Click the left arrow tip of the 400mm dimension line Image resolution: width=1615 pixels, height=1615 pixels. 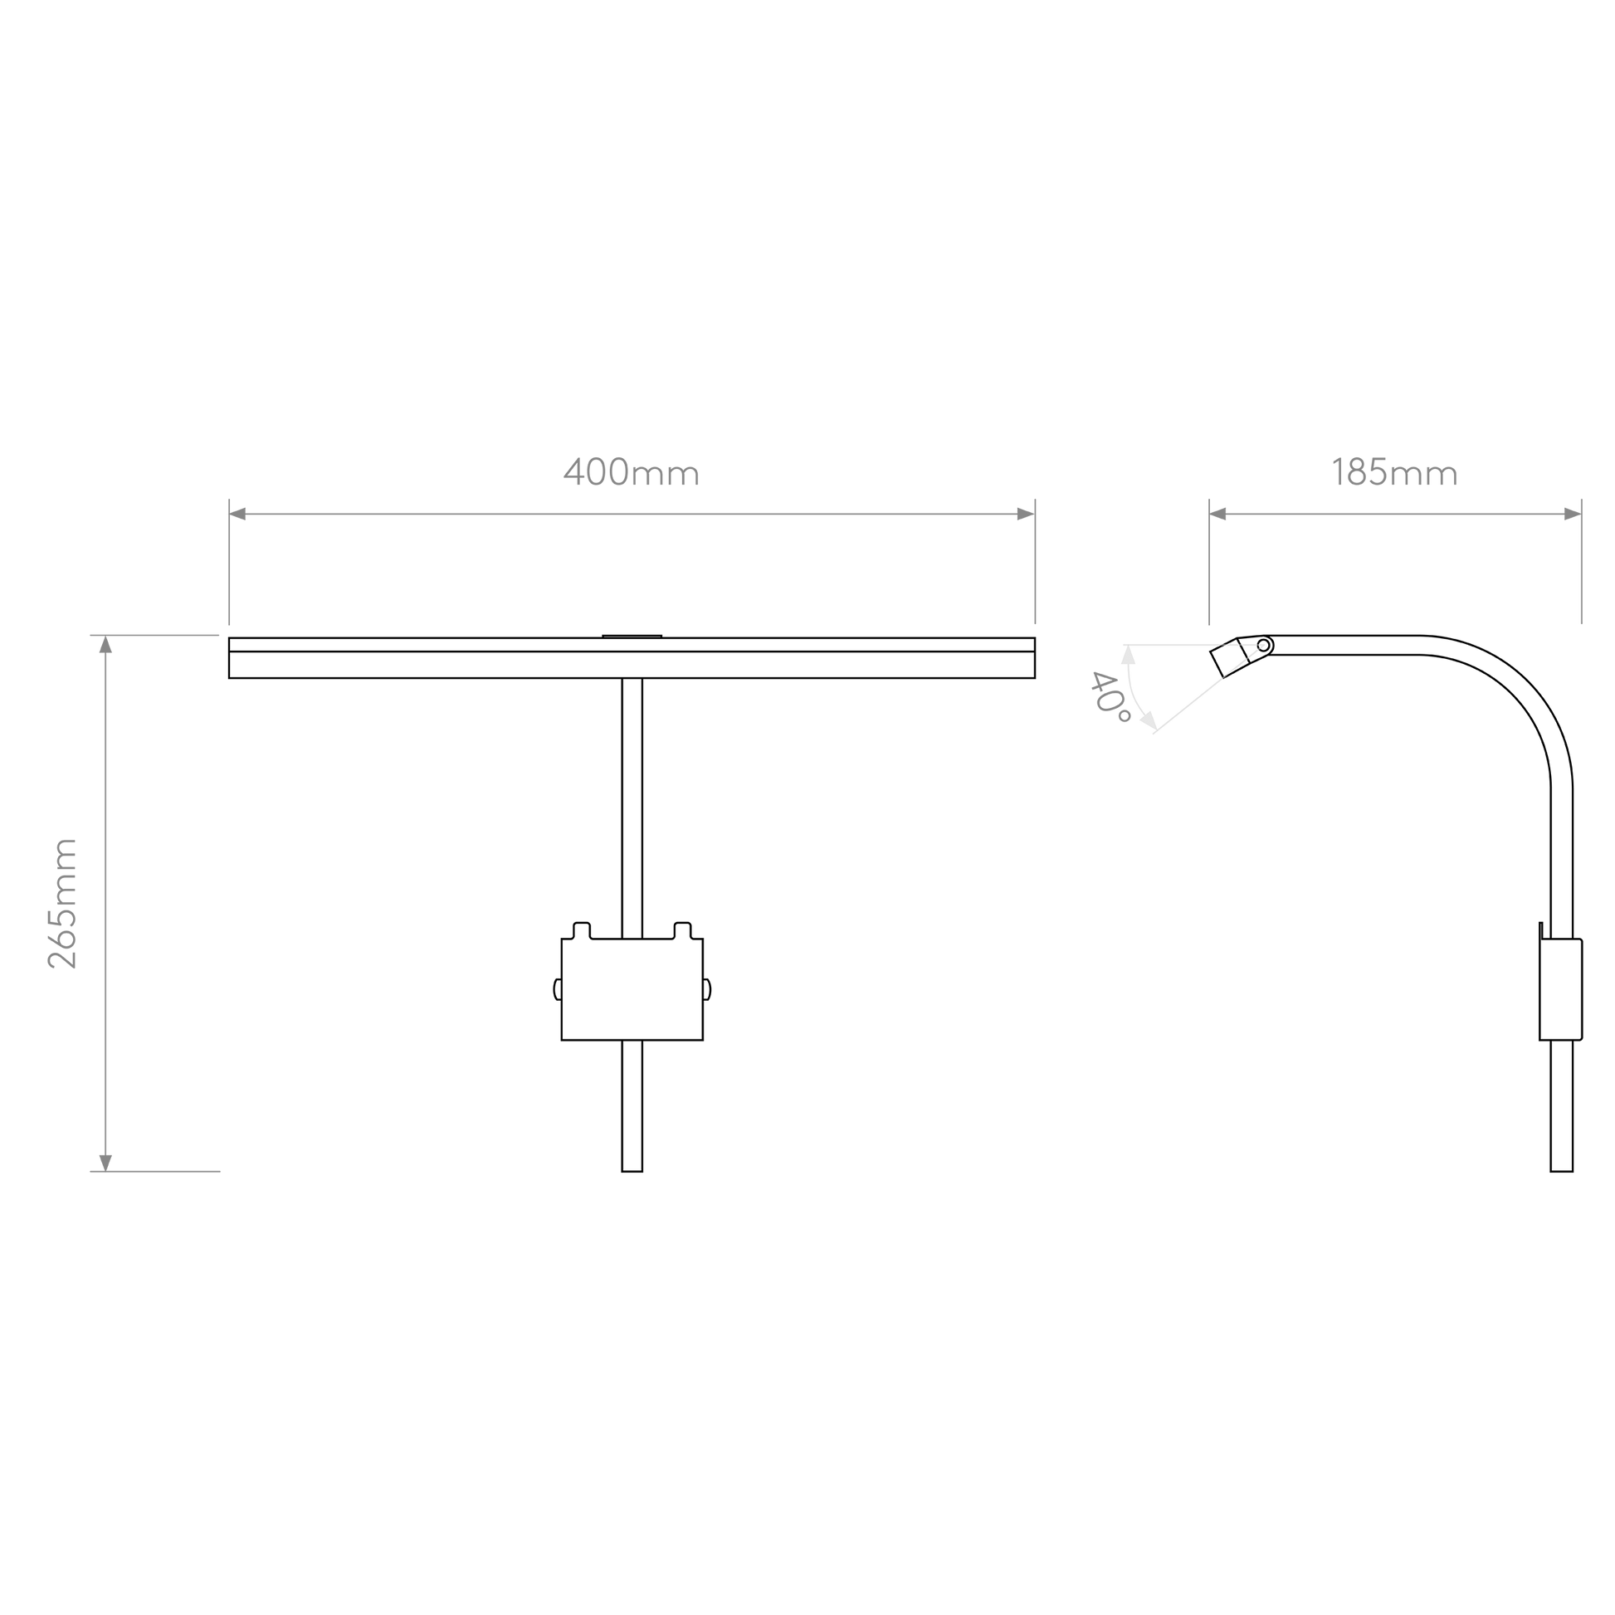click(230, 514)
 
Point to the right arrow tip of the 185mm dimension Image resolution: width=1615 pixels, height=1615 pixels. click(1581, 514)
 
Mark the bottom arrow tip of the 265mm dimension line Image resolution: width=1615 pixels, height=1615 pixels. click(105, 1171)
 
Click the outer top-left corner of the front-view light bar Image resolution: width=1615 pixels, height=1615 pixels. click(229, 638)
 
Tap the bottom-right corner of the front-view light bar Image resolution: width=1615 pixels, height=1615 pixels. click(1035, 678)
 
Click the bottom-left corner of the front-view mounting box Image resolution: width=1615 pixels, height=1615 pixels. click(562, 1040)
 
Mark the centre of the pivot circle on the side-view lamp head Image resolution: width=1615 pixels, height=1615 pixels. click(1263, 646)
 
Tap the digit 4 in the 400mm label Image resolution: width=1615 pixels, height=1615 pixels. click(573, 472)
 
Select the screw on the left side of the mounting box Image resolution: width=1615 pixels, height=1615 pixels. click(558, 989)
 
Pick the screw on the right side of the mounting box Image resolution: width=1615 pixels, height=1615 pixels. click(707, 989)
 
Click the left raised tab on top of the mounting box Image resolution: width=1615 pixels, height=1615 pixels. click(582, 930)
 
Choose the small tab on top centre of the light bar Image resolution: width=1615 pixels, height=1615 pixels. click(632, 637)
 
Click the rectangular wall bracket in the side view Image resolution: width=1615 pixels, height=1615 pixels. click(1561, 990)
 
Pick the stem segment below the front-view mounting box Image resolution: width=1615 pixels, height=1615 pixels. click(632, 1106)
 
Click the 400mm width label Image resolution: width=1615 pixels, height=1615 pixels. click(631, 472)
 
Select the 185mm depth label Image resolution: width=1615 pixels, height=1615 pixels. click(1394, 472)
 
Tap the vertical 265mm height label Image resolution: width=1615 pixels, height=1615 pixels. click(63, 904)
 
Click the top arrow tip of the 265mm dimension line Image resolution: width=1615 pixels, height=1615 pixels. click(105, 637)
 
